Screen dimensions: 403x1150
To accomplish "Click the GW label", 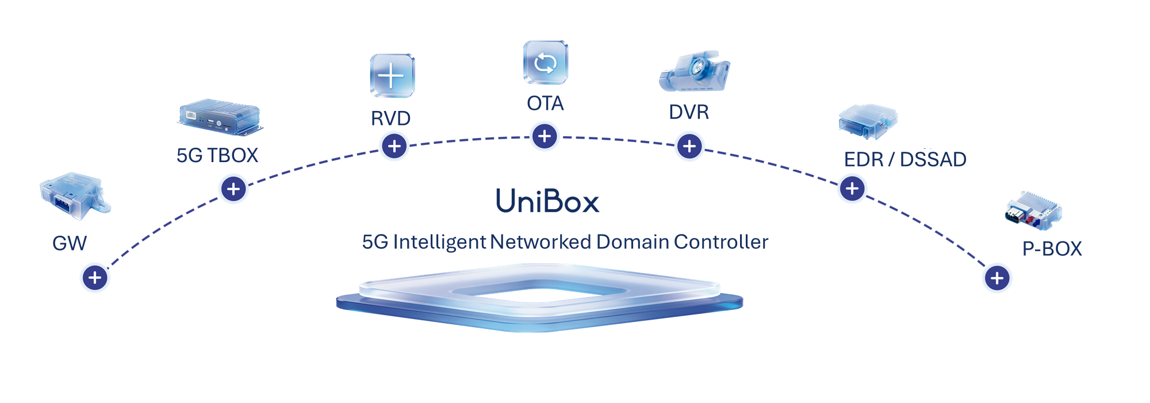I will [x=70, y=243].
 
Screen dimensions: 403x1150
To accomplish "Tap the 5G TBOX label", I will [x=217, y=155].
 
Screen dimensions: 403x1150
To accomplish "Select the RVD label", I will [x=390, y=118].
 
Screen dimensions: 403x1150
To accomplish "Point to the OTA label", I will [x=545, y=103].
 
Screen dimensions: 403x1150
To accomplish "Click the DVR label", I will [x=689, y=112].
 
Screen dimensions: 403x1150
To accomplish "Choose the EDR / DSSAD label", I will [x=905, y=159].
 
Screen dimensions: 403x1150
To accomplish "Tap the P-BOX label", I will [x=1052, y=249].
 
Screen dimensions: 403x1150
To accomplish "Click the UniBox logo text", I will [x=547, y=201].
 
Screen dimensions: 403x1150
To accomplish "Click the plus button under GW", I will [x=95, y=278].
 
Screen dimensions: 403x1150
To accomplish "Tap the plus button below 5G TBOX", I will [x=233, y=189].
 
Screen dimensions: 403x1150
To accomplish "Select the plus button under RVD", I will [x=394, y=146].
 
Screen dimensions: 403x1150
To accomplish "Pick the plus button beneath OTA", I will [x=545, y=137].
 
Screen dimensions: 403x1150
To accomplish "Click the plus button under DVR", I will [x=689, y=146].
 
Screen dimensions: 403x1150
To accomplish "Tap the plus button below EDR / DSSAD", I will [x=852, y=189].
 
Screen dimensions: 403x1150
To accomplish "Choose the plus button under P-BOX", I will [x=997, y=278].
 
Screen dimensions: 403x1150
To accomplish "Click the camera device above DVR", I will [x=695, y=71].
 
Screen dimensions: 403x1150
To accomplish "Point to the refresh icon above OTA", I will [x=546, y=62].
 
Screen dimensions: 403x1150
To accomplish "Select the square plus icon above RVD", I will [x=392, y=75].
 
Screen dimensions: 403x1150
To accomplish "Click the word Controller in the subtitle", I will [x=721, y=242].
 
